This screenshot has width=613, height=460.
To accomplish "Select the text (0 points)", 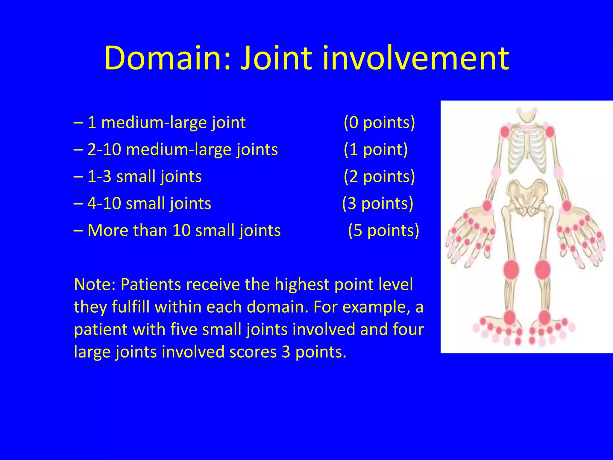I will tap(379, 122).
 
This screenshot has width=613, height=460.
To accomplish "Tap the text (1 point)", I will tap(376, 149).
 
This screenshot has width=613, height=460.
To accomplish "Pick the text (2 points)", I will tap(379, 176).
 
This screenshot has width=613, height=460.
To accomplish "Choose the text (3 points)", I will tap(378, 204).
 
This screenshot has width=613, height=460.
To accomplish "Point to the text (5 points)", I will tap(383, 231).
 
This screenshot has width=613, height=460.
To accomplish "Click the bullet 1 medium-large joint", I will tap(166, 123).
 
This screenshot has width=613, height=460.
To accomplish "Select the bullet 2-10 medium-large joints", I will tap(183, 150).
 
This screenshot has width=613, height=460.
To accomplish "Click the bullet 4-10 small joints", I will tap(149, 204).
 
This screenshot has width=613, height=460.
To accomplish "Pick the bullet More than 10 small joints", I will tap(184, 231).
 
